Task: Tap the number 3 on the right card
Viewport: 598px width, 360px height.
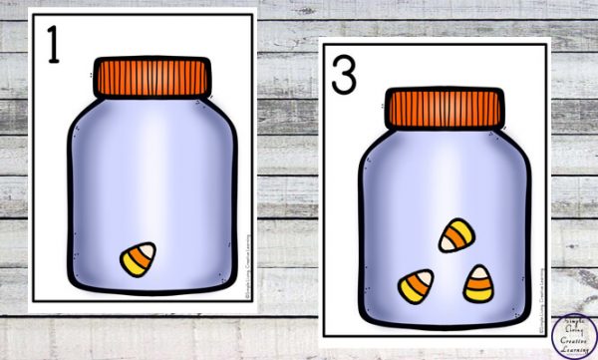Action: coord(343,74)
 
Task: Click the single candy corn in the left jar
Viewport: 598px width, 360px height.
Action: coord(139,259)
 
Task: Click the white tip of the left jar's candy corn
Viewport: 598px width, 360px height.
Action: coord(149,248)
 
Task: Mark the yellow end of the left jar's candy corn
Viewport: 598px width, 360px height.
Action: coord(130,266)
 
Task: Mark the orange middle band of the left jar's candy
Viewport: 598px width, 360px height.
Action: coord(140,258)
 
